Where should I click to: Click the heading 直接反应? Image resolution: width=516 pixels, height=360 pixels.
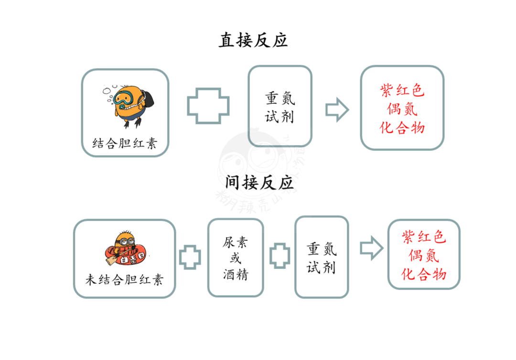click(x=253, y=40)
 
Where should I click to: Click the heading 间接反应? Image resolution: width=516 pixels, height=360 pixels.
click(x=259, y=182)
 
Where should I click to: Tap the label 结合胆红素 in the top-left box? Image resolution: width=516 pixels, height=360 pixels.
click(x=125, y=143)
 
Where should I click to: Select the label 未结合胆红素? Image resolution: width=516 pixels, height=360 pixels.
click(x=124, y=279)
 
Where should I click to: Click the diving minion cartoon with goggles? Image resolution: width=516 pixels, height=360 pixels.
click(x=129, y=105)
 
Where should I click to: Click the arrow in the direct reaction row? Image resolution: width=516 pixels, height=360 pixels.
click(x=337, y=110)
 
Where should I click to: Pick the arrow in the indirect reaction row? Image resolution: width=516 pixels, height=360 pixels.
click(x=372, y=248)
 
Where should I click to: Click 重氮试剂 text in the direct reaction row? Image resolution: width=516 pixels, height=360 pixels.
click(x=279, y=107)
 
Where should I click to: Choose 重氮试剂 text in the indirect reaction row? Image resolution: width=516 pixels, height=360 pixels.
click(x=322, y=258)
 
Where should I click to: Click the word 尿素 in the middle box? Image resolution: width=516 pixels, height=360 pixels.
click(x=235, y=242)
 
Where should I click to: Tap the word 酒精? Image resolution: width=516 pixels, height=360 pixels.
click(x=235, y=274)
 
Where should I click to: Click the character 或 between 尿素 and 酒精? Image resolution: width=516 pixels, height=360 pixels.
click(x=236, y=258)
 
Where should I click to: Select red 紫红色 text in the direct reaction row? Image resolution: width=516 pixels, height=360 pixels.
click(x=402, y=90)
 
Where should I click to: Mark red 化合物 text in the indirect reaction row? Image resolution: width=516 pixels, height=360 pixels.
click(x=424, y=274)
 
